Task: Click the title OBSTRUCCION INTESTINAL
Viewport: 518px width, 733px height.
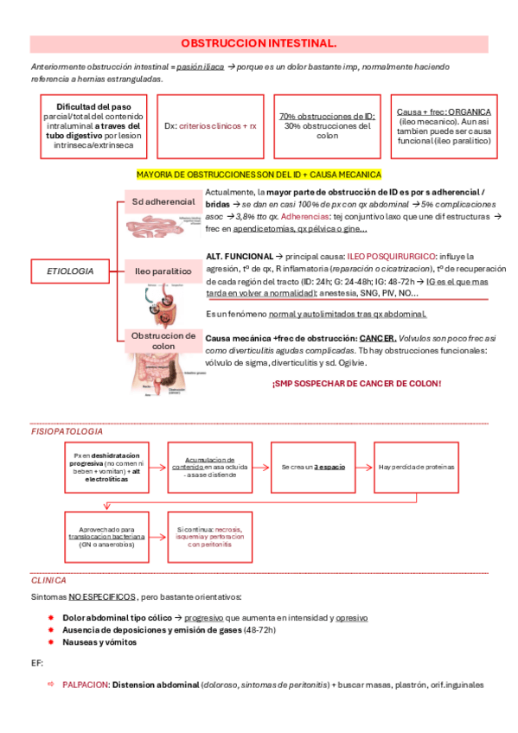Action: pos(259,42)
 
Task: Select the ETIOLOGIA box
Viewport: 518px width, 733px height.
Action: pos(71,271)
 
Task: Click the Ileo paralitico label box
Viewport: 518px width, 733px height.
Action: pos(162,271)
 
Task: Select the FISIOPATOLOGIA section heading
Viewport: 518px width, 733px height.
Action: pos(67,430)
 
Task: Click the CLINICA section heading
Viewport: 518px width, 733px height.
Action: pos(48,580)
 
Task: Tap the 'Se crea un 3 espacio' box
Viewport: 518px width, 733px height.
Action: pos(313,467)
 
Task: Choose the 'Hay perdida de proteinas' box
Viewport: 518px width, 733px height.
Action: pos(416,467)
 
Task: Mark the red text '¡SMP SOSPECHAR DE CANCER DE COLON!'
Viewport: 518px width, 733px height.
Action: pos(356,383)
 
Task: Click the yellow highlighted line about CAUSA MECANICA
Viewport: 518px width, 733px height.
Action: pos(259,174)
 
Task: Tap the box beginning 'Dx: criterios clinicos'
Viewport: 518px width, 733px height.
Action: pos(210,125)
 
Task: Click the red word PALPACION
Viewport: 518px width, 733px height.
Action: pos(85,684)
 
